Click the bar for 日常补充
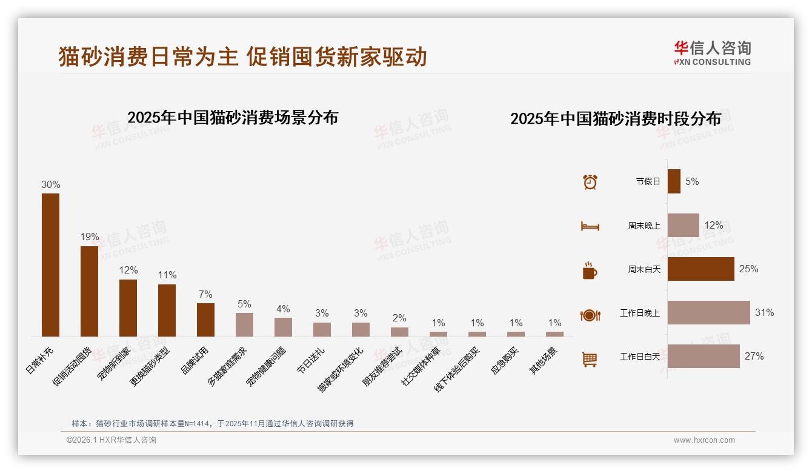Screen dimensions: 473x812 pyautogui.click(x=50, y=265)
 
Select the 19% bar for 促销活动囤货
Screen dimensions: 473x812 pyautogui.click(x=89, y=291)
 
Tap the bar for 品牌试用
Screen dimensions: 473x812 pyautogui.click(x=205, y=320)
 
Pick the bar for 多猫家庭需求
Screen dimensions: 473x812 pyautogui.click(x=244, y=324)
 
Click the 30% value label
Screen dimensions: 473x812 pyautogui.click(x=50, y=184)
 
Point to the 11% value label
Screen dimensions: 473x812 pyautogui.click(x=167, y=275)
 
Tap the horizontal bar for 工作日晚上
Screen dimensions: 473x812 pyautogui.click(x=708, y=313)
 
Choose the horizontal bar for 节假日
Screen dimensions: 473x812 pyautogui.click(x=674, y=181)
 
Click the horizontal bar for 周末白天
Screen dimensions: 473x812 pyautogui.click(x=701, y=269)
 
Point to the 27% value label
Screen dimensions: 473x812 pyautogui.click(x=754, y=357)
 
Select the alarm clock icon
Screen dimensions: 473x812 pyautogui.click(x=590, y=181)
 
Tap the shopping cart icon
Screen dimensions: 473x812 pyautogui.click(x=590, y=359)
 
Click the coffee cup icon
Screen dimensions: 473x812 pyautogui.click(x=590, y=270)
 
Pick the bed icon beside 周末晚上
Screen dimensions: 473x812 pyautogui.click(x=590, y=226)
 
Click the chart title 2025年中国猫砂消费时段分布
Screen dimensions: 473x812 pyautogui.click(x=615, y=118)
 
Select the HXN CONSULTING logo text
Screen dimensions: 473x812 pyautogui.click(x=712, y=62)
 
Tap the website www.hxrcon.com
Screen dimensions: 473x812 pyautogui.click(x=704, y=440)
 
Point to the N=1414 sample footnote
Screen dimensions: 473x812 pyautogui.click(x=212, y=424)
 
